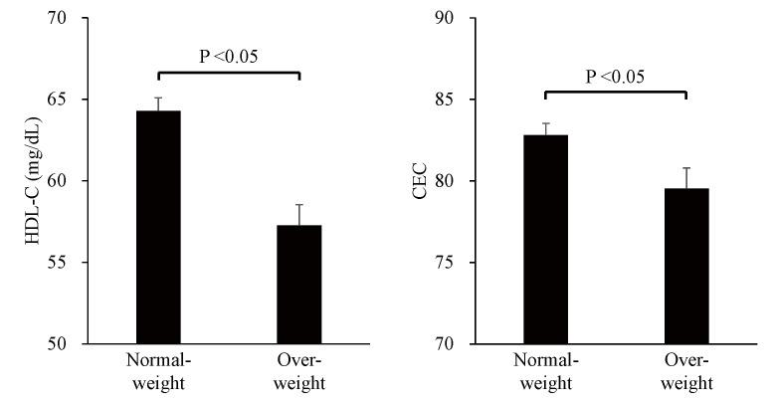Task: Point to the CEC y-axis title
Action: (420, 181)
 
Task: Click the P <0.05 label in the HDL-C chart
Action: (228, 56)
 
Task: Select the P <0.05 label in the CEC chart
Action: (615, 76)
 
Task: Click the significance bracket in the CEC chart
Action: (615, 93)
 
